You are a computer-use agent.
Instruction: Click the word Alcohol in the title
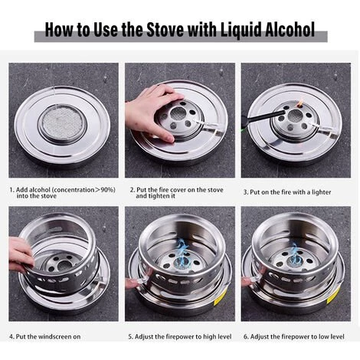coord(290,30)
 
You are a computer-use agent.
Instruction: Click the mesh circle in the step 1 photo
coord(63,123)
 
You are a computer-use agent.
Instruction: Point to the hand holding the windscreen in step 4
coord(21,254)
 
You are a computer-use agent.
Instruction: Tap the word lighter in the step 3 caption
coord(321,192)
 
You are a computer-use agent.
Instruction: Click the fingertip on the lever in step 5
coord(132,283)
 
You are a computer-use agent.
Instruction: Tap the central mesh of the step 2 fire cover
coord(178,113)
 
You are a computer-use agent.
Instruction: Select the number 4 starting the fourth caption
coord(11,336)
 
